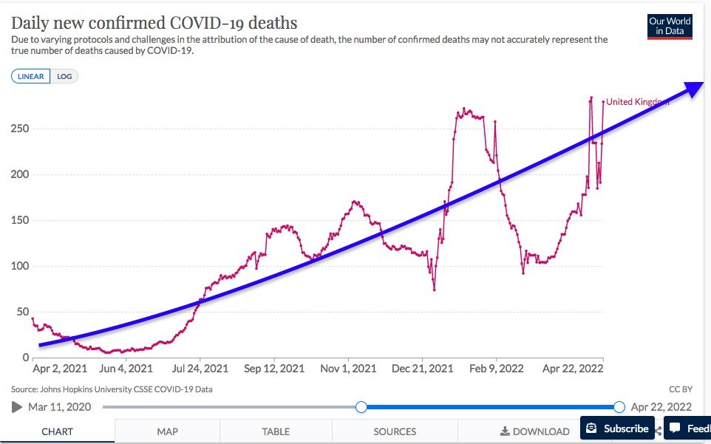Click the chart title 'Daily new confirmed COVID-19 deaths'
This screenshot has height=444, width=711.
(154, 21)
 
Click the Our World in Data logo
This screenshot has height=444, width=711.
(670, 27)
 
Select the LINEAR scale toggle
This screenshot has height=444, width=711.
(31, 76)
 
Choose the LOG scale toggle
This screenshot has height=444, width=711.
(64, 76)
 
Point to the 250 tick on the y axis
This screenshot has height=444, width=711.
(19, 129)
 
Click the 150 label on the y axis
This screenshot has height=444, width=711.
(19, 220)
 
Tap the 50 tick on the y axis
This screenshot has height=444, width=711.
(22, 312)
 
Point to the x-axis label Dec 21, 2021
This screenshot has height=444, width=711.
(423, 368)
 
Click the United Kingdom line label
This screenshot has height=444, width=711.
(637, 102)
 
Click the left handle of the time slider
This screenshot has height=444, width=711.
(361, 407)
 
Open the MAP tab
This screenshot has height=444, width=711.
(167, 431)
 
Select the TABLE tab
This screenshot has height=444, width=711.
(276, 431)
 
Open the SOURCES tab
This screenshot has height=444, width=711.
(395, 431)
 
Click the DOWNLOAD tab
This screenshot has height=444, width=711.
(535, 431)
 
